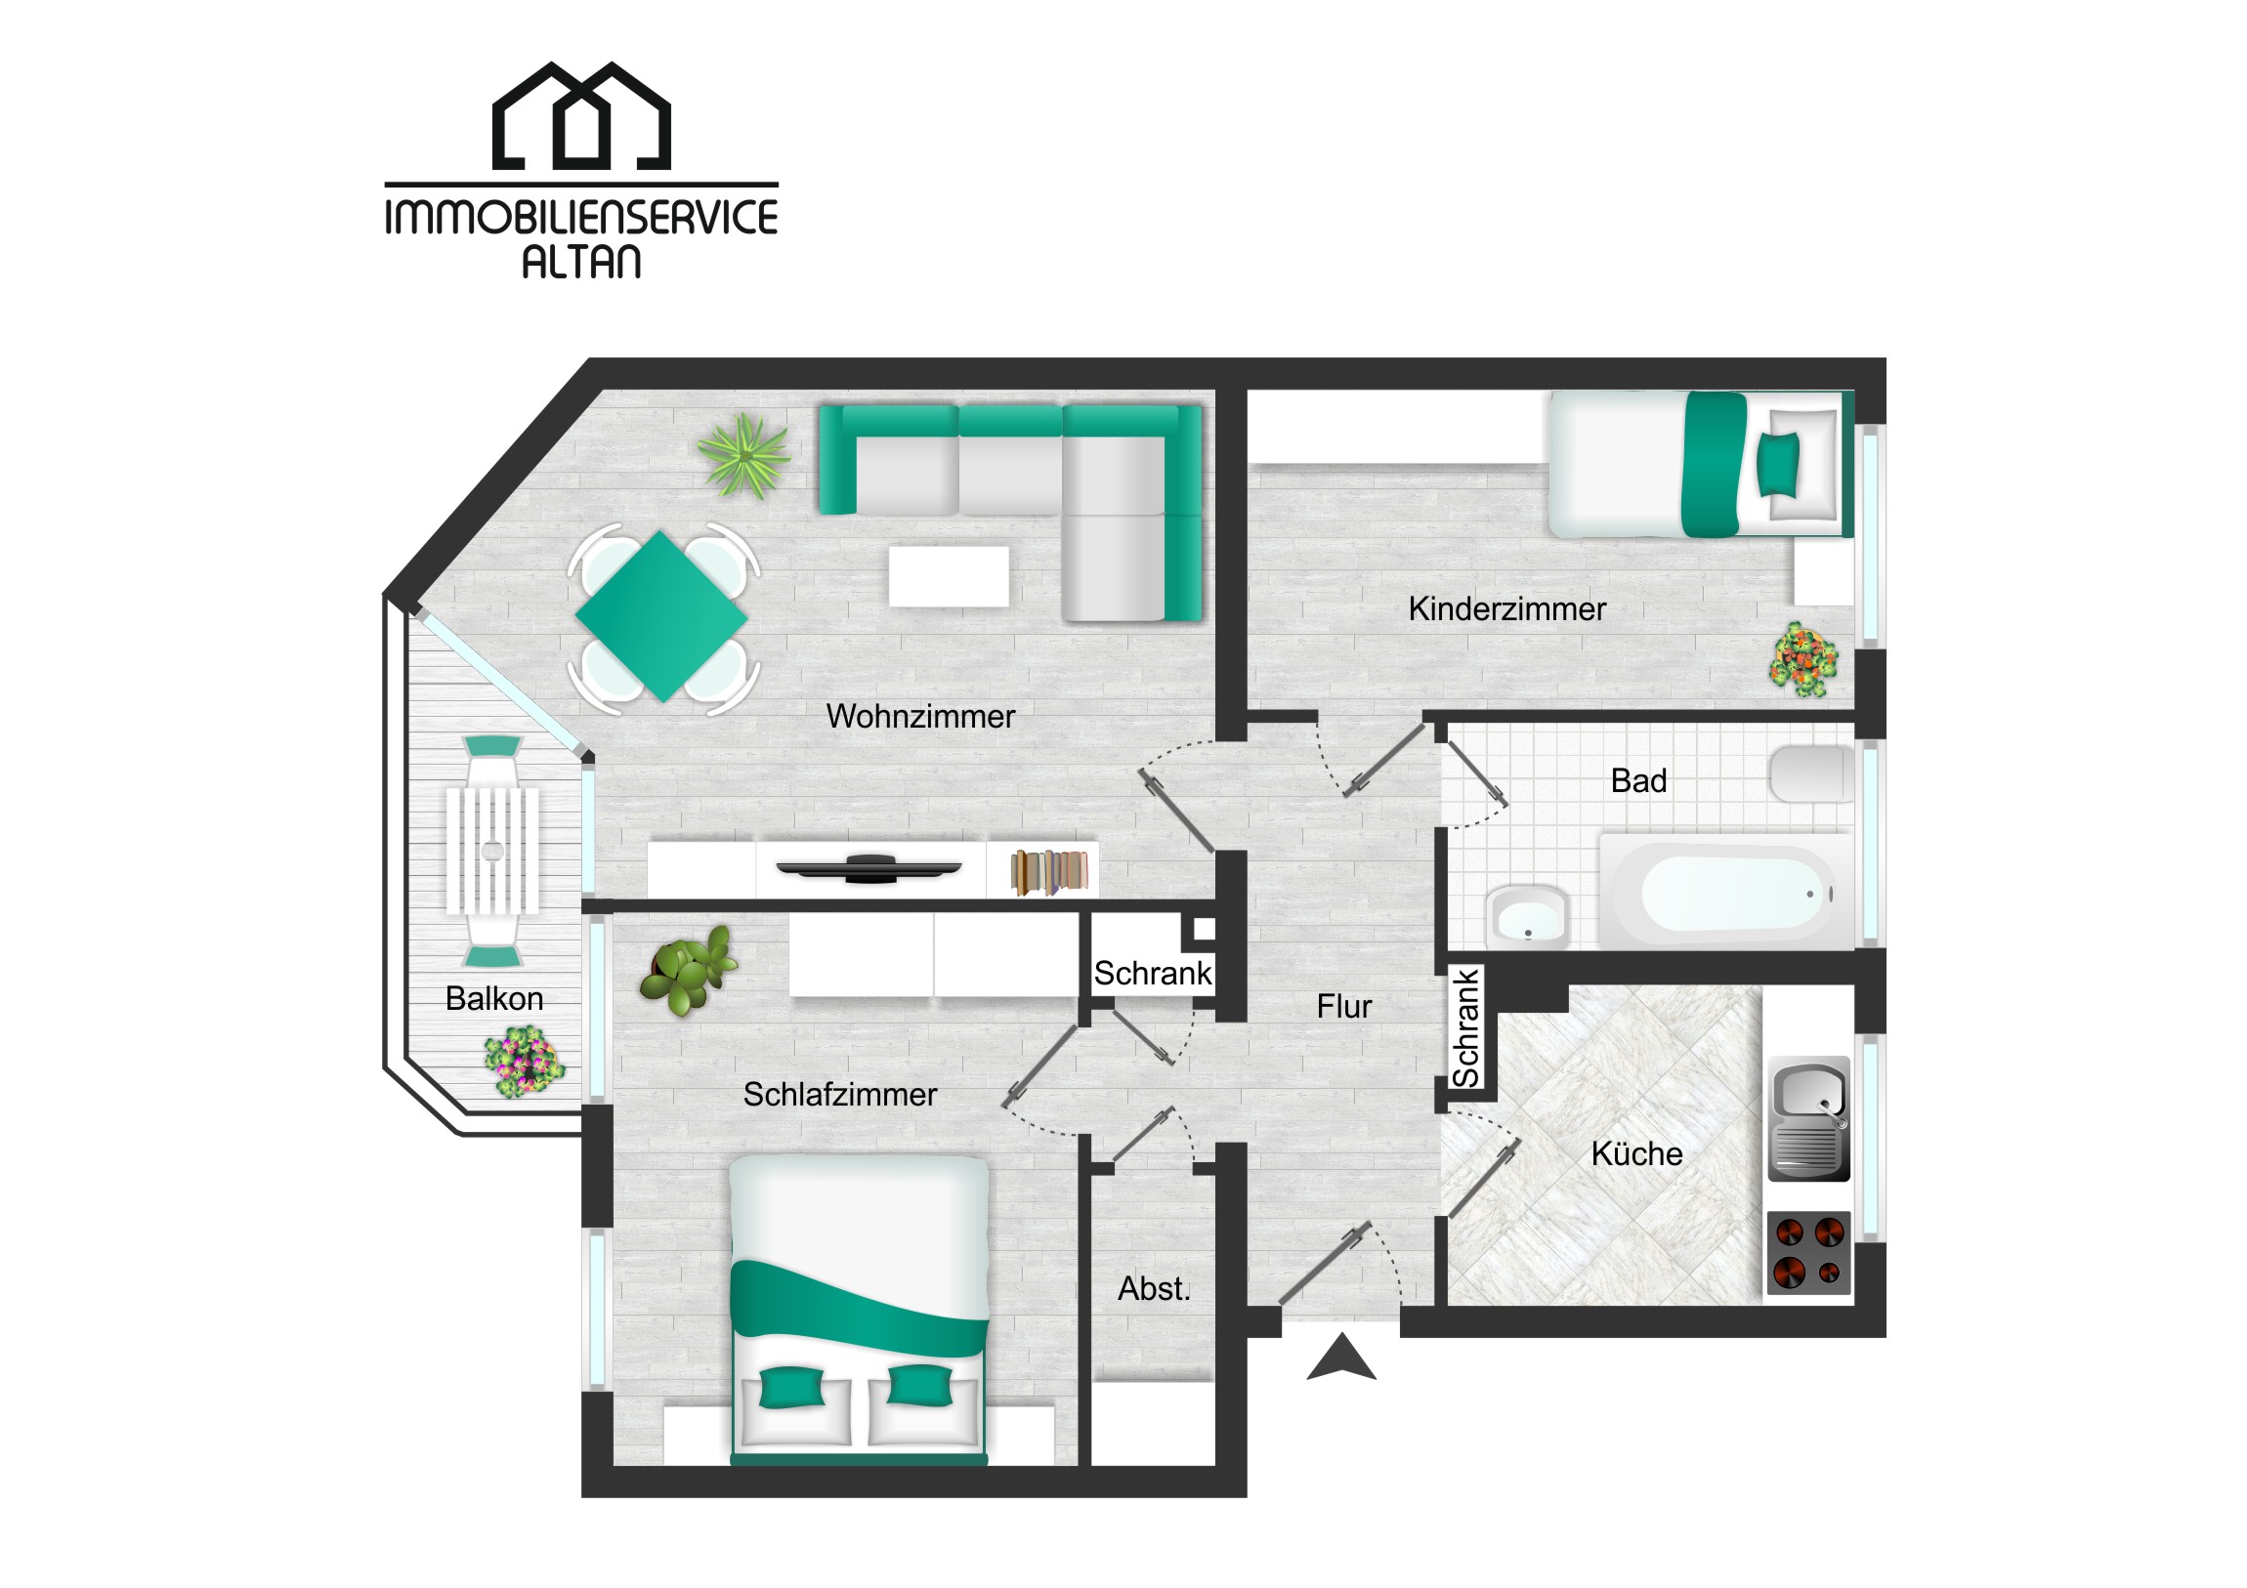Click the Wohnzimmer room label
coord(921,716)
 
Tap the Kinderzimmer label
coord(1507,608)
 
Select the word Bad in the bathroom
coord(1638,780)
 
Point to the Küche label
coord(1636,1153)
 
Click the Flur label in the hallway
coord(1343,1006)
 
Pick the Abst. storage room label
coord(1154,1288)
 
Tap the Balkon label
coord(494,998)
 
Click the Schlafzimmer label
coord(839,1094)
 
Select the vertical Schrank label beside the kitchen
coord(1465,1028)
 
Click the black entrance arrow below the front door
coord(1341,1359)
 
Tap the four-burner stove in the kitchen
coord(1808,1253)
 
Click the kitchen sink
coord(1808,1118)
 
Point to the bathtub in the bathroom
coord(1725,892)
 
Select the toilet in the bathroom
coord(1811,773)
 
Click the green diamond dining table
coord(661,616)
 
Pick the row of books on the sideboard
coord(1049,872)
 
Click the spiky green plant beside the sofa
coord(743,455)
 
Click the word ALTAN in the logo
coord(581,261)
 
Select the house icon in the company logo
coord(581,115)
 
